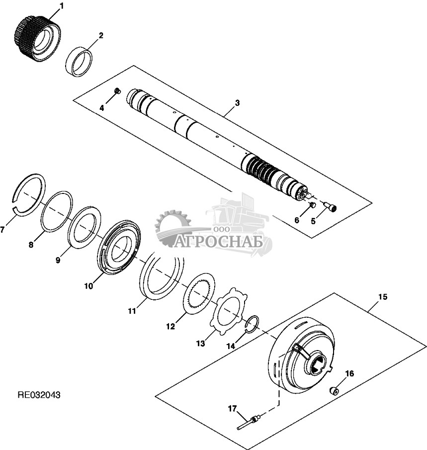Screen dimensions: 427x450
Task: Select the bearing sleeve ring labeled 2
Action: (79, 62)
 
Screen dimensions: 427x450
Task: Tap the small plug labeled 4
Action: (117, 91)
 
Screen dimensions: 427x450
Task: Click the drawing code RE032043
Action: (39, 395)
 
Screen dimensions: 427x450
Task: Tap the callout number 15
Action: (383, 297)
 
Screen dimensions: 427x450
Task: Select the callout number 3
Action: (237, 103)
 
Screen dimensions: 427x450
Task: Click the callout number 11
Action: (132, 311)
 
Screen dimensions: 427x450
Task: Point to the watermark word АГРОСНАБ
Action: (219, 242)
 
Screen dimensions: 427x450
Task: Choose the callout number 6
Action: (297, 220)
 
